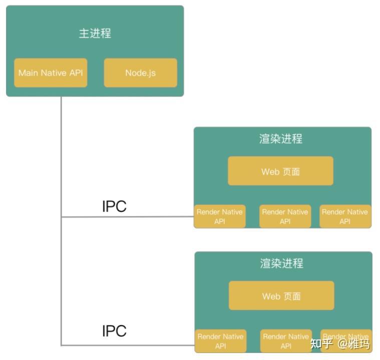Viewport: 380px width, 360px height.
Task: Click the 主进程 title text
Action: pos(95,33)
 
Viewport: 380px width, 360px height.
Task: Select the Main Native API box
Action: pos(51,72)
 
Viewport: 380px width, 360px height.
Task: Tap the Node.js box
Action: pos(141,72)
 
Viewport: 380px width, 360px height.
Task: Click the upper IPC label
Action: pos(114,206)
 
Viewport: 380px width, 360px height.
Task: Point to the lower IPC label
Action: pos(114,330)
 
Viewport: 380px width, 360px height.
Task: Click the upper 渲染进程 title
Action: pos(281,138)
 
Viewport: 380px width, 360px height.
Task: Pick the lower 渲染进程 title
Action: pos(281,263)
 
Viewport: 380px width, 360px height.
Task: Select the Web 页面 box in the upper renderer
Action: pos(281,171)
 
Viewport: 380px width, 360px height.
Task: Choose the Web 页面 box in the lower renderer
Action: pos(281,295)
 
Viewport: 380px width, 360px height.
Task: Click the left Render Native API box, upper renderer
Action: pos(220,216)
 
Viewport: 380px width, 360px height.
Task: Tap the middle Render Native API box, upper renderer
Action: pos(285,216)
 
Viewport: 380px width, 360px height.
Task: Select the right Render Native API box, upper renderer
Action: pos(345,216)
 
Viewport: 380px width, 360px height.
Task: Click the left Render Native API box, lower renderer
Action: pos(220,341)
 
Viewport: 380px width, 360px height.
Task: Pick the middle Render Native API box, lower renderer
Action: pos(286,341)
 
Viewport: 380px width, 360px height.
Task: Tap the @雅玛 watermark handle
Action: pos(353,343)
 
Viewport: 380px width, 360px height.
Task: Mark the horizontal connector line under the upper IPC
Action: pos(128,217)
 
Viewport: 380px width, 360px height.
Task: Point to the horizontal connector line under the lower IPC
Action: pos(128,345)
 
